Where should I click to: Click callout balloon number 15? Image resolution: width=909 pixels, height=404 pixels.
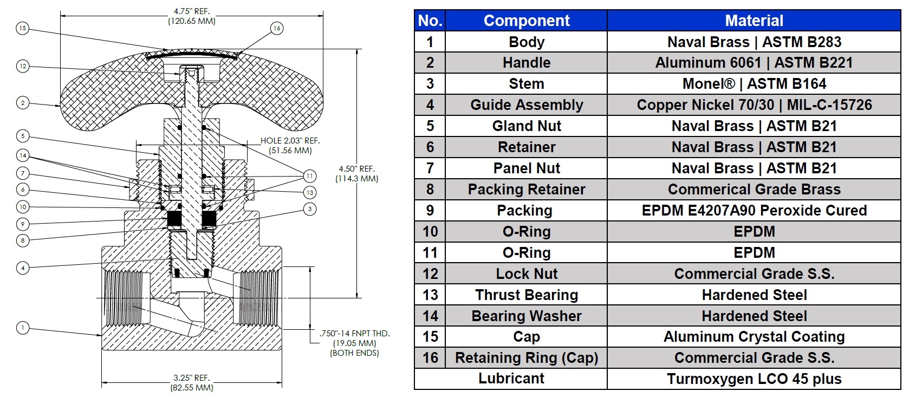pyautogui.click(x=22, y=28)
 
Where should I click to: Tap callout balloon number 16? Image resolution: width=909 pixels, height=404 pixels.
pyautogui.click(x=277, y=28)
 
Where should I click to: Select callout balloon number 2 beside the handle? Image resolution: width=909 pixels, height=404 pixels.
pyautogui.click(x=23, y=102)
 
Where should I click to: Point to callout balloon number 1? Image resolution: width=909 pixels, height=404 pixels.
pyautogui.click(x=23, y=328)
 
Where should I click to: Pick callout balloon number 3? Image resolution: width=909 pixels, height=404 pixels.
pyautogui.click(x=310, y=209)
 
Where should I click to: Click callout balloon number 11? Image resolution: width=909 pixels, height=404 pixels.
pyautogui.click(x=310, y=176)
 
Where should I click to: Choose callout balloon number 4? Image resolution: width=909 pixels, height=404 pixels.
pyautogui.click(x=23, y=268)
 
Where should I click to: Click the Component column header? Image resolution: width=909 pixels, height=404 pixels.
pyautogui.click(x=526, y=21)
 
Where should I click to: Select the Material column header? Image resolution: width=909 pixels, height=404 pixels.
pyautogui.click(x=754, y=21)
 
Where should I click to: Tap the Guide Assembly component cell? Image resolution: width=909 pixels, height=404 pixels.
pyautogui.click(x=526, y=105)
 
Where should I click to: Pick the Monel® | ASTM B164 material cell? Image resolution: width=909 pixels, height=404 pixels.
pyautogui.click(x=754, y=84)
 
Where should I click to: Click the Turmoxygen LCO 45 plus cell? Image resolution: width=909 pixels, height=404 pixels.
pyautogui.click(x=754, y=379)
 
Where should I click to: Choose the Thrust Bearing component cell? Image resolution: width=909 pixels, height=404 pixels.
pyautogui.click(x=526, y=295)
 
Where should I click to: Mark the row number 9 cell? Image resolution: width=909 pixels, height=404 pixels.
pyautogui.click(x=430, y=211)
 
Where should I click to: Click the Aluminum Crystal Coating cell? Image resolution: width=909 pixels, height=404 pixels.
pyautogui.click(x=754, y=337)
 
